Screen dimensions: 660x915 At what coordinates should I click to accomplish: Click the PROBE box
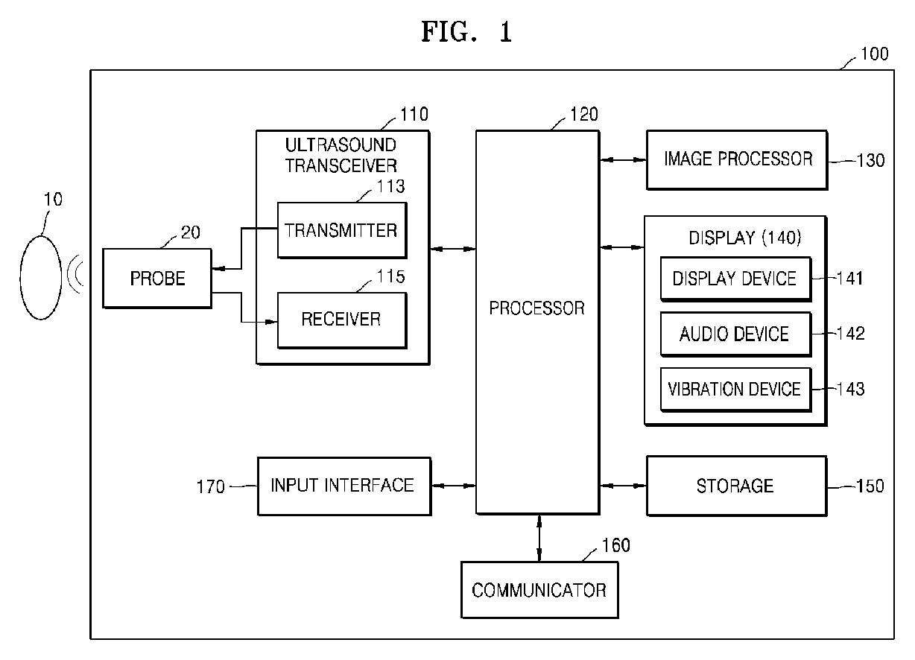tap(157, 279)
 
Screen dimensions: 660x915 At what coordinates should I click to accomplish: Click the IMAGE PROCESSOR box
tap(736, 159)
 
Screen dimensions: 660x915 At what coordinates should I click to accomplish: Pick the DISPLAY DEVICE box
tap(735, 279)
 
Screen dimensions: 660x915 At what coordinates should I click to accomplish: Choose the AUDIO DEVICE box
tap(735, 334)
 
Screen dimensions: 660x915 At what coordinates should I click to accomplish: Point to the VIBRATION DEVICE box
tap(735, 389)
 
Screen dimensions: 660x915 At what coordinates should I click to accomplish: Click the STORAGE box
tap(736, 486)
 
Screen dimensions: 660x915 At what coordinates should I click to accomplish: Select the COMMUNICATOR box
tap(539, 590)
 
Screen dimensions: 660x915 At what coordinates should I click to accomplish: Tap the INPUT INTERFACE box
tap(343, 486)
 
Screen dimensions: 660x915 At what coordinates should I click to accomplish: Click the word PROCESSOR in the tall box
tap(537, 308)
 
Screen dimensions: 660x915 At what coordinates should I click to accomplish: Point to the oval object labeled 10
tap(41, 276)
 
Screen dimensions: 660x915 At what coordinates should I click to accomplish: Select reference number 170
tap(210, 487)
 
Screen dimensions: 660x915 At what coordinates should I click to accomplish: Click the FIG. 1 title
tap(466, 32)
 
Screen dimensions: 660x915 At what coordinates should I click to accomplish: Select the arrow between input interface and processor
tap(453, 486)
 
